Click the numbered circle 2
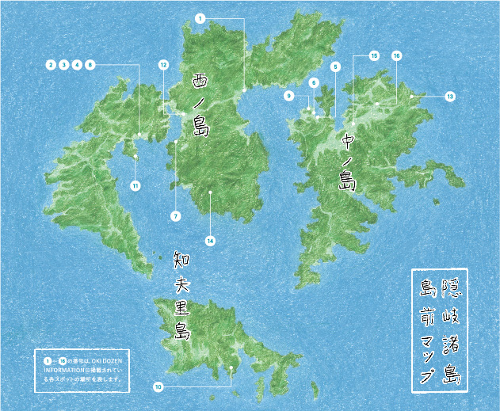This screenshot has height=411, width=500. pyautogui.click(x=51, y=63)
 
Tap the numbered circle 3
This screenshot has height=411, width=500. pyautogui.click(x=63, y=63)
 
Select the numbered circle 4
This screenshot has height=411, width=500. pyautogui.click(x=77, y=63)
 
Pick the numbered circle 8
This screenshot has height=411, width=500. pyautogui.click(x=90, y=63)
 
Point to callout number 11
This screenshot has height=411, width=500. pyautogui.click(x=135, y=185)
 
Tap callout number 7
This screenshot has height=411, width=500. pyautogui.click(x=175, y=215)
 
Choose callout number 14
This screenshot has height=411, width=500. pyautogui.click(x=210, y=239)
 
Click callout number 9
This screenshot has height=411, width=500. pyautogui.click(x=290, y=96)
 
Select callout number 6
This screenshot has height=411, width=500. pyautogui.click(x=314, y=82)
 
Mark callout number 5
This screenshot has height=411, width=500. pyautogui.click(x=335, y=67)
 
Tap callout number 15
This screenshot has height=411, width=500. pyautogui.click(x=374, y=56)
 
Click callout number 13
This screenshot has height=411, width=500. pyautogui.click(x=450, y=96)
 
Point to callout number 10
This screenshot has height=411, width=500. pyautogui.click(x=158, y=387)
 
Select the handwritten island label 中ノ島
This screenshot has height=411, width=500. pyautogui.click(x=348, y=162)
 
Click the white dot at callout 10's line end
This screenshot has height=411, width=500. pyautogui.click(x=231, y=367)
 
